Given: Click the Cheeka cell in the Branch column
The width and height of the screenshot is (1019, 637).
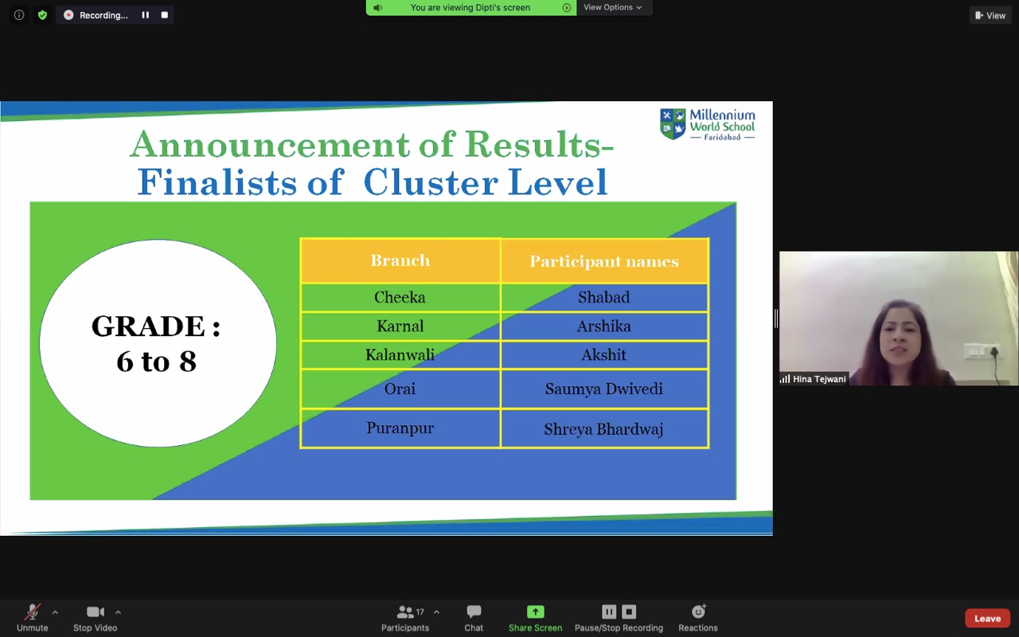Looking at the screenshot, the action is click(x=400, y=298).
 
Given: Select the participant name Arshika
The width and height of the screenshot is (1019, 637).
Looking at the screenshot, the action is click(x=603, y=326).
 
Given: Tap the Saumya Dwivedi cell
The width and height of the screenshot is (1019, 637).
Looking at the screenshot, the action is click(x=603, y=389).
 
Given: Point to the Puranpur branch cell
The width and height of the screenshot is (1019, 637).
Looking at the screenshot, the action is click(x=400, y=428).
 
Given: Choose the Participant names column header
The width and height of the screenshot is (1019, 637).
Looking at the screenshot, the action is click(x=604, y=260).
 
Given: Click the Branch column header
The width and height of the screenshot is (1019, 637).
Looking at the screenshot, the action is click(x=400, y=260).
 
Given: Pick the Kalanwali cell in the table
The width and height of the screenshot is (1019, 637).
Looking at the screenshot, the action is click(x=400, y=355).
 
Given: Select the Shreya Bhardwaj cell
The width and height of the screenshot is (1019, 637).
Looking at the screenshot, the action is click(x=603, y=428).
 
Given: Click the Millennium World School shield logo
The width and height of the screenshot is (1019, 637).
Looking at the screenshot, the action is click(x=673, y=123).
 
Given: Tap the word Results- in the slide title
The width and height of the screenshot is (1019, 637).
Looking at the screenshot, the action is click(x=539, y=145).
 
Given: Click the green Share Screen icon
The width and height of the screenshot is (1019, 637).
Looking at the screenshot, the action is click(x=536, y=612).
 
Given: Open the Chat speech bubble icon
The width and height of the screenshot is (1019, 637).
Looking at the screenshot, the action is click(x=474, y=612).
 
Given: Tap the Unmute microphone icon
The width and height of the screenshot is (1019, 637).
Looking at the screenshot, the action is click(x=33, y=612).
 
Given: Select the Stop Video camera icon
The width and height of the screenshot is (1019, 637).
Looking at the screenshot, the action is click(x=96, y=612).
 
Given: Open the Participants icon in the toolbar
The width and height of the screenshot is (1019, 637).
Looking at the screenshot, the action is click(x=405, y=612).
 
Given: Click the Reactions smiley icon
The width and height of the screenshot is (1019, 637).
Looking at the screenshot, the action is click(x=698, y=611).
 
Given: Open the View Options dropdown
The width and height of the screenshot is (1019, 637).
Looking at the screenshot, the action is click(x=613, y=7).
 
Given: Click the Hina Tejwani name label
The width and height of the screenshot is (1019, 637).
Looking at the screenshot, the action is click(x=819, y=379).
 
